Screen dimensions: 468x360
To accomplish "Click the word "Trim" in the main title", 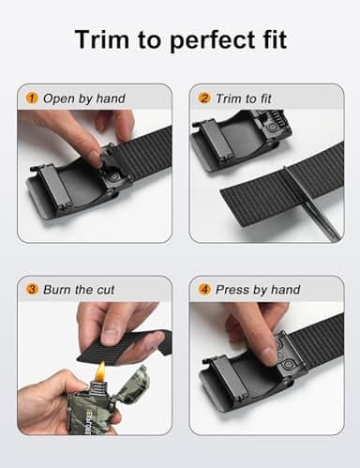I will tap(102, 40).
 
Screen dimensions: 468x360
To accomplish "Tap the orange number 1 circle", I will tap(31, 98).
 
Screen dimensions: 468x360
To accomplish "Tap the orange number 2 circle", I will tap(203, 98).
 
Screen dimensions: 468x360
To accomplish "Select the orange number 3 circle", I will tap(31, 289).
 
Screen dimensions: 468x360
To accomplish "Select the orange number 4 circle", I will tap(203, 289).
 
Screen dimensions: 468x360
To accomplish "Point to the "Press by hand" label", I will tap(258, 289).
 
